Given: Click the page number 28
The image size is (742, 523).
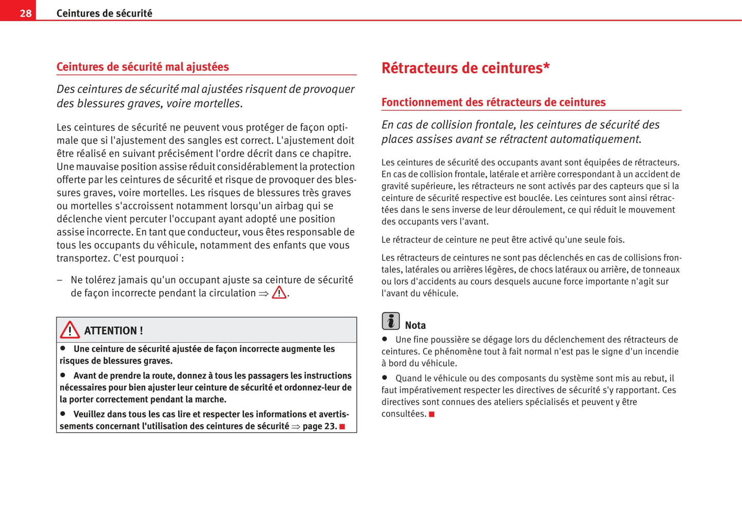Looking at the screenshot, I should click(x=26, y=13).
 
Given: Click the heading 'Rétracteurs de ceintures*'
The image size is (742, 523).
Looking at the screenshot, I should click(x=465, y=68).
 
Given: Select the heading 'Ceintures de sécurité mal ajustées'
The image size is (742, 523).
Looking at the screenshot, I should click(x=142, y=67).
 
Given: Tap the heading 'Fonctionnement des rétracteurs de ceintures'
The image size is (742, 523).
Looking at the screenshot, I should click(x=493, y=102).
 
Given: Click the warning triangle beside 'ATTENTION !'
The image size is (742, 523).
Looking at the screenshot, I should click(x=70, y=330).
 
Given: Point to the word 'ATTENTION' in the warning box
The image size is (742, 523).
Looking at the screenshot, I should click(x=110, y=331).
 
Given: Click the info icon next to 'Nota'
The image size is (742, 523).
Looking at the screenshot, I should click(x=390, y=321).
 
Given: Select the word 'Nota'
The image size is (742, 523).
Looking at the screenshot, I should click(x=415, y=325).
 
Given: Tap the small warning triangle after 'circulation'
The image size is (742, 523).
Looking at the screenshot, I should click(x=279, y=293).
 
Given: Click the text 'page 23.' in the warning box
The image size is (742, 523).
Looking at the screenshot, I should click(x=319, y=426).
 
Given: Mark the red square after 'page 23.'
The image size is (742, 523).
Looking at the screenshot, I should click(x=342, y=427).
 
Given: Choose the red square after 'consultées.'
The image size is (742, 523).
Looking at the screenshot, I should click(x=432, y=414).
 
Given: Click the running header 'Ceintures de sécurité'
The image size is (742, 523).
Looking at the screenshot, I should click(x=104, y=13).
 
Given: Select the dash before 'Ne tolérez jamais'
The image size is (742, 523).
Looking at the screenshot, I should click(x=60, y=280).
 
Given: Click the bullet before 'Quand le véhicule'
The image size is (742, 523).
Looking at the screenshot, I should click(x=385, y=377).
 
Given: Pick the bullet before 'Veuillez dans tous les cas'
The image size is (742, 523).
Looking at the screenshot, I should click(x=63, y=413).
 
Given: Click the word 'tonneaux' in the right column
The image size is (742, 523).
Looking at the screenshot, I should click(x=662, y=269).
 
